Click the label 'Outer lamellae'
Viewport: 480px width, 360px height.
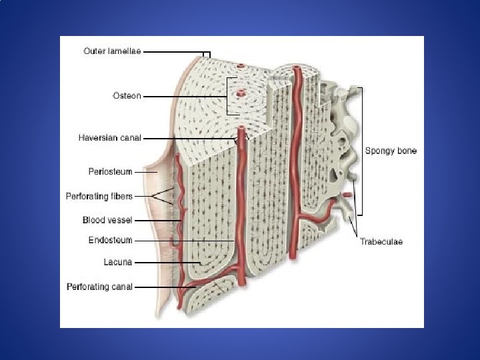112,51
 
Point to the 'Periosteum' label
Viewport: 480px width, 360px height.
111,171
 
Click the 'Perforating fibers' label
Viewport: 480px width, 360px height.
109,196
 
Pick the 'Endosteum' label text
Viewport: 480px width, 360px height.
111,240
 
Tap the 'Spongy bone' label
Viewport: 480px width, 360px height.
391,151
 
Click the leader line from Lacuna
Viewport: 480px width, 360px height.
167,262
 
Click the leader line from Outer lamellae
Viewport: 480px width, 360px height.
173,51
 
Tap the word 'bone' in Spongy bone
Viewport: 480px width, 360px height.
406,151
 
